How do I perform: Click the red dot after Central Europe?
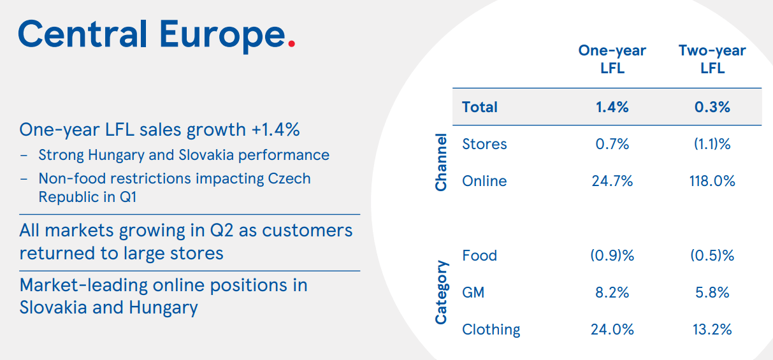click(x=291, y=44)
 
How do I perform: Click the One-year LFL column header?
click(x=612, y=59)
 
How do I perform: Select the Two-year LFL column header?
click(x=712, y=59)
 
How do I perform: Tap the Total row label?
click(x=479, y=107)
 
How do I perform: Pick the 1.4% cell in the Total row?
click(x=612, y=107)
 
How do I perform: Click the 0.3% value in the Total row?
click(x=712, y=107)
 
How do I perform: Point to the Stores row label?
click(x=484, y=144)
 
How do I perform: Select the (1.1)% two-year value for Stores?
click(x=712, y=144)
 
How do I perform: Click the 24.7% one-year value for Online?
click(x=612, y=181)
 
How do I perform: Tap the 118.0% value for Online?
click(x=712, y=181)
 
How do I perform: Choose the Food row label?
click(x=479, y=256)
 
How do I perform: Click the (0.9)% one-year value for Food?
click(x=612, y=256)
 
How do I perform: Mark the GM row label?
click(x=473, y=292)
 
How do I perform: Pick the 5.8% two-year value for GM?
click(x=712, y=292)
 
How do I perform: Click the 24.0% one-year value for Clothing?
click(x=612, y=329)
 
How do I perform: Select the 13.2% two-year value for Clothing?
click(x=712, y=329)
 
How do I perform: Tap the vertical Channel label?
click(x=440, y=162)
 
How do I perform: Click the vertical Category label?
click(x=440, y=292)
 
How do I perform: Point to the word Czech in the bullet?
click(x=289, y=178)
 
